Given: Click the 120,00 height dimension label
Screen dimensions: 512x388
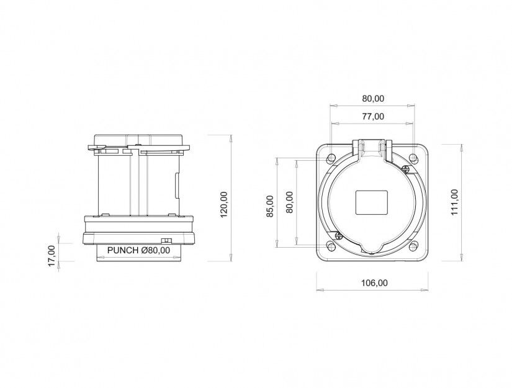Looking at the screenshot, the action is coord(224,204).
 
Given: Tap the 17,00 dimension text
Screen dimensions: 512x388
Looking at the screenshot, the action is coord(52,256).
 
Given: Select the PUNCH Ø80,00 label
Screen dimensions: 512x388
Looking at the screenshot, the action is coord(139,251).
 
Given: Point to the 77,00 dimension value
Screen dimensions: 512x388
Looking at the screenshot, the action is coord(373,116).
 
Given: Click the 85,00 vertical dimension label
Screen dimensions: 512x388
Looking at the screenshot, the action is coord(270,206).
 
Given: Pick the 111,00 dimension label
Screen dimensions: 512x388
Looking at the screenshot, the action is coord(454,202).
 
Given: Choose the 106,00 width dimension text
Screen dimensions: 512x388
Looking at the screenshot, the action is coord(374,283).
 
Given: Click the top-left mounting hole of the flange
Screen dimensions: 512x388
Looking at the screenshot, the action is coord(331,159).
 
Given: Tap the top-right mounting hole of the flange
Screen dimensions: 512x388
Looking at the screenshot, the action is coord(413,159).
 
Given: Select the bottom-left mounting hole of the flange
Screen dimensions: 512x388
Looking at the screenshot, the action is coord(331,246).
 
